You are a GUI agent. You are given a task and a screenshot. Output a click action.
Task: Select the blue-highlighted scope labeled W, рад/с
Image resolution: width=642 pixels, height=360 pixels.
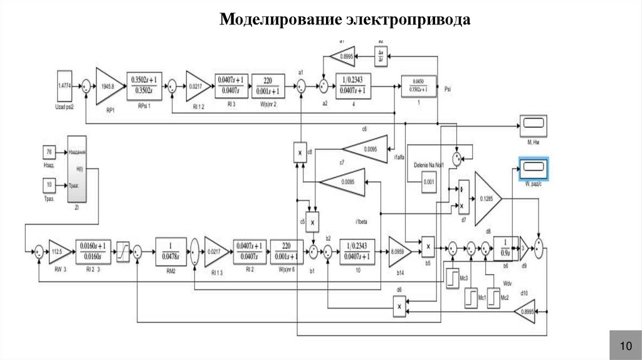(x=532, y=166)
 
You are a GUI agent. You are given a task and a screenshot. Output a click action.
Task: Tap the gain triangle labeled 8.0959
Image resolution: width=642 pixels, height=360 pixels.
(x=399, y=251)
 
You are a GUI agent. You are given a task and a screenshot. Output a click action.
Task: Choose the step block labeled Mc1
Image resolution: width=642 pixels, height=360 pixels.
(x=471, y=297)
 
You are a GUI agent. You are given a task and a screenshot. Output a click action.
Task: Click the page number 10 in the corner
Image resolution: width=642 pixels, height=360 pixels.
(x=626, y=346)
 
